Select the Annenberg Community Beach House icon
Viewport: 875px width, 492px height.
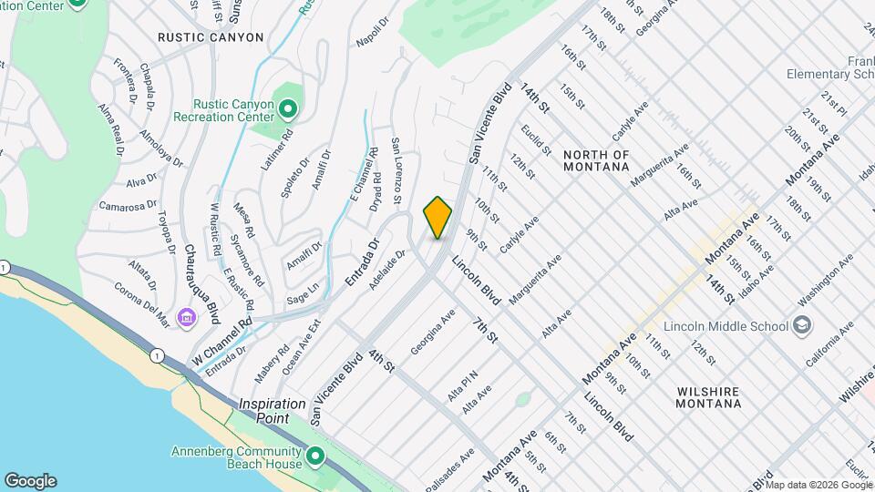pos(315,456)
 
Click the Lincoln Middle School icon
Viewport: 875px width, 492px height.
pos(802,325)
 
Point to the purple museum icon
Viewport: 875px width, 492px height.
pos(187,317)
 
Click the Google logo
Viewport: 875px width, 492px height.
pos(30,481)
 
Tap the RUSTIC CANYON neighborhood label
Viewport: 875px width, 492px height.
pos(211,37)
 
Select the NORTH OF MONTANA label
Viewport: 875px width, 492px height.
pos(596,160)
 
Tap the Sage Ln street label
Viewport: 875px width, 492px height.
pos(303,289)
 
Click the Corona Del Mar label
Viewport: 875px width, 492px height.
pos(142,304)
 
